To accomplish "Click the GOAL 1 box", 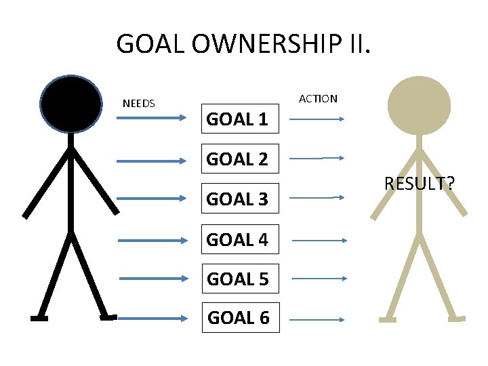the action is point(237,120).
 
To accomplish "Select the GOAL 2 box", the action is point(237,159).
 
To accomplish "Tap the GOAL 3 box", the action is point(237,199).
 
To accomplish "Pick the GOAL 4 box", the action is point(237,239).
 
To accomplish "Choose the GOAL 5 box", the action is point(237,279).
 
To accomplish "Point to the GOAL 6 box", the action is point(238,318).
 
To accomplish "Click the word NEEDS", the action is point(139,104).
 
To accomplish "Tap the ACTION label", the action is point(318,99).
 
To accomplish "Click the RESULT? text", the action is point(419,184).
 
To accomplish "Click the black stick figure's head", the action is point(71,104).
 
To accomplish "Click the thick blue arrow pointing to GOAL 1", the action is point(151,118).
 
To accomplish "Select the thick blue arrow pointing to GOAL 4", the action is point(151,240).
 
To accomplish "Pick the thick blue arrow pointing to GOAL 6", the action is point(151,318).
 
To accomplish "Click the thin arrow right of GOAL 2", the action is point(318,158).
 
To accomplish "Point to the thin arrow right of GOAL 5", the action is point(319,279).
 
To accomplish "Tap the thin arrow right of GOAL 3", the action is point(318,198).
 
